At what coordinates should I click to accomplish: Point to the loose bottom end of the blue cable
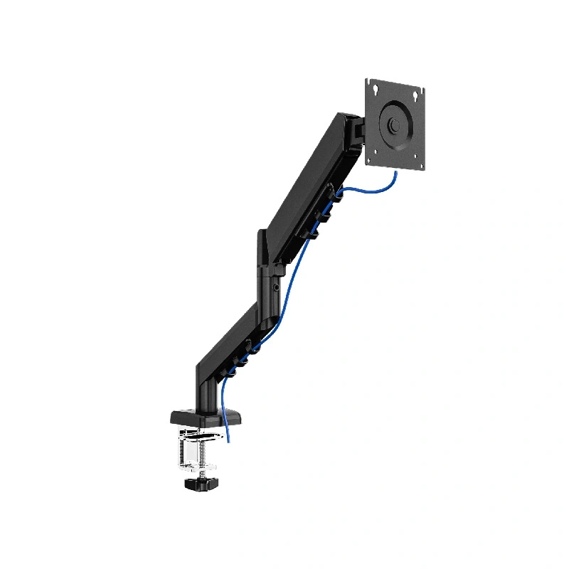[x=228, y=440]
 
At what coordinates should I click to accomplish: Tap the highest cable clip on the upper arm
[x=334, y=192]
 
